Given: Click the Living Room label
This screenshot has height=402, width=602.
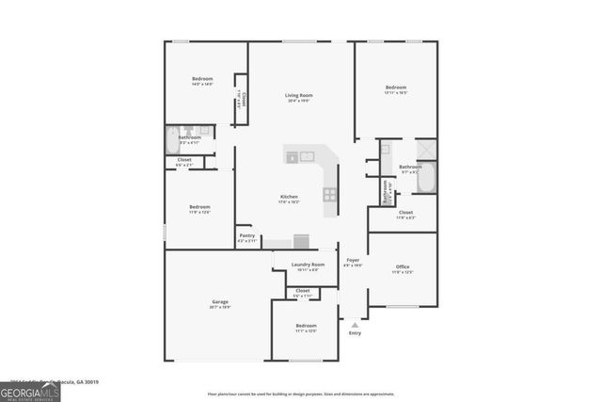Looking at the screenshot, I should pos(299,95).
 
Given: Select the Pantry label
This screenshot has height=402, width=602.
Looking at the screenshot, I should pos(246,235).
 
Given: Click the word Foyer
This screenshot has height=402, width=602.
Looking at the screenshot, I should pos(353,260).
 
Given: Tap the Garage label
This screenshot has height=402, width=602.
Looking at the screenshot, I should pos(219,301).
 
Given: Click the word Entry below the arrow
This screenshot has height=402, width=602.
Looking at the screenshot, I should pos(355,333).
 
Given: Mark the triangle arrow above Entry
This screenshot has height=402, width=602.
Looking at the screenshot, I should pos(355,325).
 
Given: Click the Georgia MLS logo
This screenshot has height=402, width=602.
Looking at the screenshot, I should pos(30,389).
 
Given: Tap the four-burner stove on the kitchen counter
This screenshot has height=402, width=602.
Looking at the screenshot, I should pos(330,195).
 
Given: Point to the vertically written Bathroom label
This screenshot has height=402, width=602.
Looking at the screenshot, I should pos(384,191).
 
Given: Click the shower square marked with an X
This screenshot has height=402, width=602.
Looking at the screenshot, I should pos(426,150).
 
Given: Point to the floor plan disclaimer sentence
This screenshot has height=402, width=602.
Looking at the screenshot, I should pos(301,394).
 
